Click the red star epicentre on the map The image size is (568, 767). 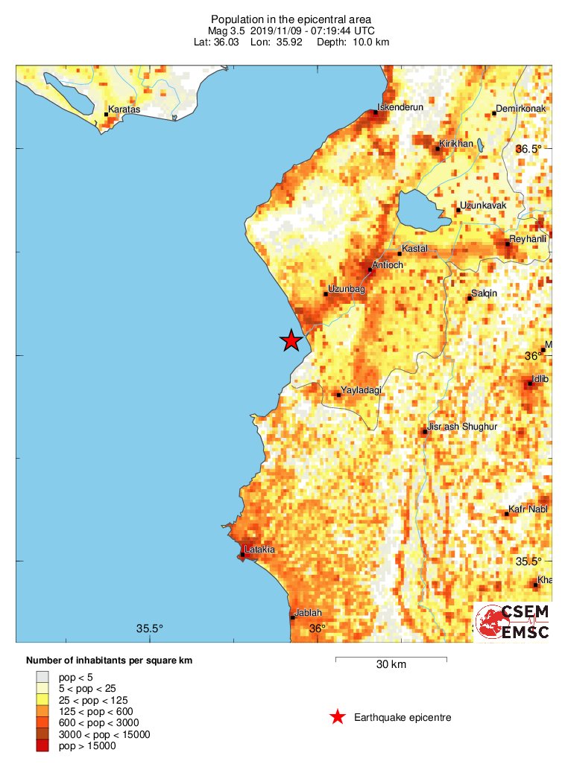click(291, 341)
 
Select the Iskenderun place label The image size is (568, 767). click(401, 107)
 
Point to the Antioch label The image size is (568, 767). click(387, 266)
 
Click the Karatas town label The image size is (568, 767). click(124, 109)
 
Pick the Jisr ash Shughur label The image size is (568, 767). click(462, 427)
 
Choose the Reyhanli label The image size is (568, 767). click(528, 239)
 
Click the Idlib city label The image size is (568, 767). click(542, 380)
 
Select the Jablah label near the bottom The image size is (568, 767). click(309, 613)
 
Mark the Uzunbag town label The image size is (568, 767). click(347, 289)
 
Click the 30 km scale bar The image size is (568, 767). click(391, 659)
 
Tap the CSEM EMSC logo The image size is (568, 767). click(513, 623)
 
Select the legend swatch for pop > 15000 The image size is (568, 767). click(42, 746)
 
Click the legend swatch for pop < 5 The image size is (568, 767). click(42, 676)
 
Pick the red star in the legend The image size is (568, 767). click(338, 717)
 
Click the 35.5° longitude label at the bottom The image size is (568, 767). click(150, 628)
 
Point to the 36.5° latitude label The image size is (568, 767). click(530, 149)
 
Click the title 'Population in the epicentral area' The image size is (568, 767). click(291, 19)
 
